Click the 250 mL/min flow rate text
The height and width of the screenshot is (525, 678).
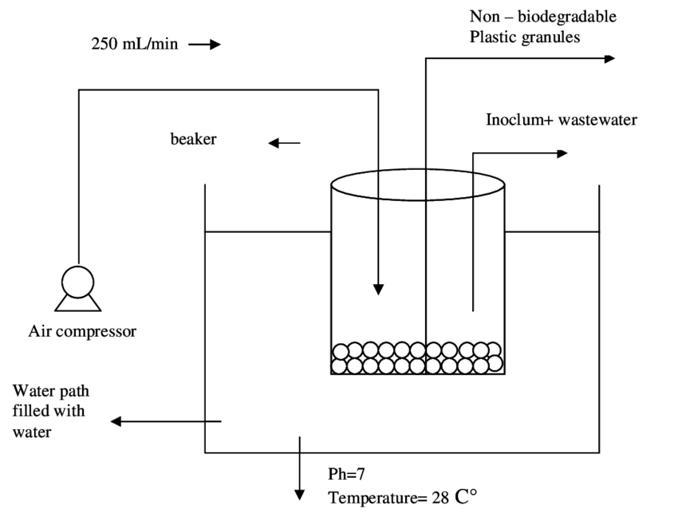(x=134, y=45)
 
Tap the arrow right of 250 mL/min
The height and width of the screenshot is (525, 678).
(x=203, y=45)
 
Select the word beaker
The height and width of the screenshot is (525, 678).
(x=193, y=139)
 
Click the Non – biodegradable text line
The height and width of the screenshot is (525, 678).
(x=542, y=17)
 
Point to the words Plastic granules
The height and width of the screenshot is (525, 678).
(x=524, y=37)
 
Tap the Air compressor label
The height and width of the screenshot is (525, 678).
(x=82, y=331)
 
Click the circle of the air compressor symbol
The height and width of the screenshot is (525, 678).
(x=78, y=282)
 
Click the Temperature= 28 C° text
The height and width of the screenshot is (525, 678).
(x=402, y=498)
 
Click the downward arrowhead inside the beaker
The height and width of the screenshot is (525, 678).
(x=379, y=289)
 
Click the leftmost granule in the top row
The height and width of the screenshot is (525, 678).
(x=341, y=351)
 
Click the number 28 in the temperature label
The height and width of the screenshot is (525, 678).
(x=440, y=498)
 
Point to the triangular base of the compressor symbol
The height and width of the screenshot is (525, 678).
(x=78, y=302)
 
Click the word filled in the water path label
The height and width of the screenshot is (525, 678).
(x=32, y=412)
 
